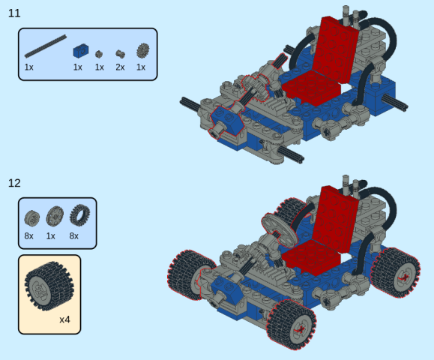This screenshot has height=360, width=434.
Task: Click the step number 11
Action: click(14, 13)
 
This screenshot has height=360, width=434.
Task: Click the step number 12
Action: click(14, 183)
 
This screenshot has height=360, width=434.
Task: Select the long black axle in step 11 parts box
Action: click(46, 46)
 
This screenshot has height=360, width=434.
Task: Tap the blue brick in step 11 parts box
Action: click(81, 51)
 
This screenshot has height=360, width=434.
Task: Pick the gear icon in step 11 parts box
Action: click(143, 50)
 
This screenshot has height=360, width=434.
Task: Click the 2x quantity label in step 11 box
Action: click(120, 67)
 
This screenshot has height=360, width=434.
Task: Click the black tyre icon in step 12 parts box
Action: click(79, 215)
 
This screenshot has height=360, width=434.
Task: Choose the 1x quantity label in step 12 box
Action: click(51, 236)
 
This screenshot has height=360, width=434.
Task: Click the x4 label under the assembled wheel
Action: click(64, 319)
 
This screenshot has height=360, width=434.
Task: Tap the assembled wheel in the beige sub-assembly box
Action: click(49, 286)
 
